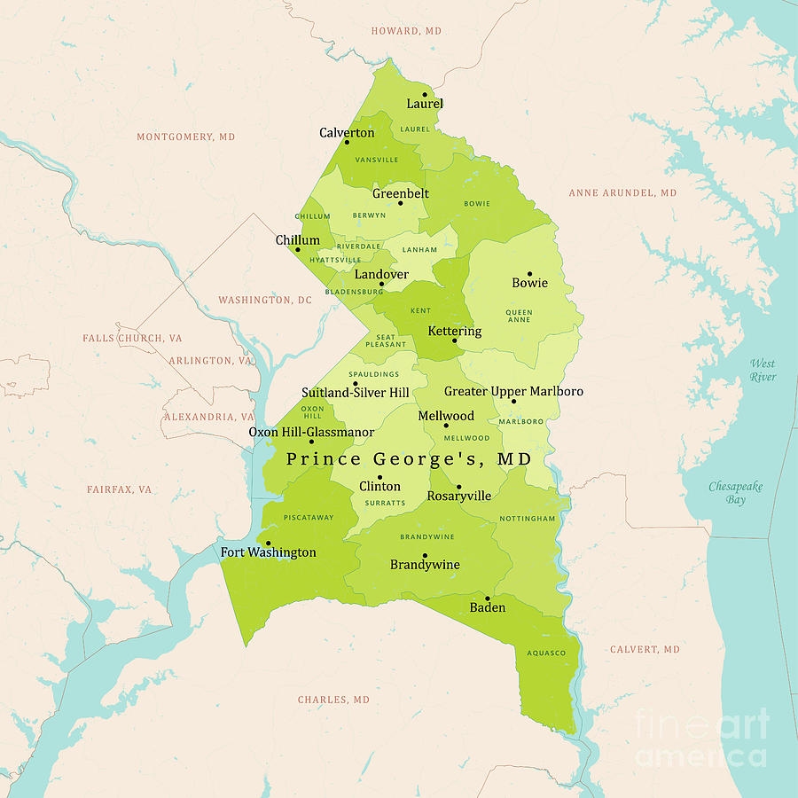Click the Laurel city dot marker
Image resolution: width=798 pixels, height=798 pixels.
[425, 94]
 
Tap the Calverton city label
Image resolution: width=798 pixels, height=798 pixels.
[347, 133]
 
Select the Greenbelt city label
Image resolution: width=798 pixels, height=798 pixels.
[400, 193]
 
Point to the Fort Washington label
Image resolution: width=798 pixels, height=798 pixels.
[268, 552]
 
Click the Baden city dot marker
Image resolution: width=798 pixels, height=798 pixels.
[487, 598]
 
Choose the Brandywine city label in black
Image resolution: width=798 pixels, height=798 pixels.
[426, 565]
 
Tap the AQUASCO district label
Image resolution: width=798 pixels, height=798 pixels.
[545, 652]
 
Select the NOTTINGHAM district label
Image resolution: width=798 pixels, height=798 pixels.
[527, 519]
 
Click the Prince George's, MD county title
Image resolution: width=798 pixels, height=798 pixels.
[409, 459]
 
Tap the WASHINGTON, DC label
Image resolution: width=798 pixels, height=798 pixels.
[265, 301]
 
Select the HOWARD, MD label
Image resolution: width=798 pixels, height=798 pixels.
[406, 31]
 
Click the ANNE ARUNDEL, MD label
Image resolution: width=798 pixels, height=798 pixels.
[622, 192]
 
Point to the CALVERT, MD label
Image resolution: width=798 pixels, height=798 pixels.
[645, 650]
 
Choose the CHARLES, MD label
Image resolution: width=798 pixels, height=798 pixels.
[333, 700]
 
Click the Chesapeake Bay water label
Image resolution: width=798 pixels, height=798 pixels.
[735, 493]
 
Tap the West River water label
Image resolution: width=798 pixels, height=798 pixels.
[763, 370]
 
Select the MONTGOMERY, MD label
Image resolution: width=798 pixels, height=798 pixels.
[186, 137]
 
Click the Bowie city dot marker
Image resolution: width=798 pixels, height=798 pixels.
[529, 274]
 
